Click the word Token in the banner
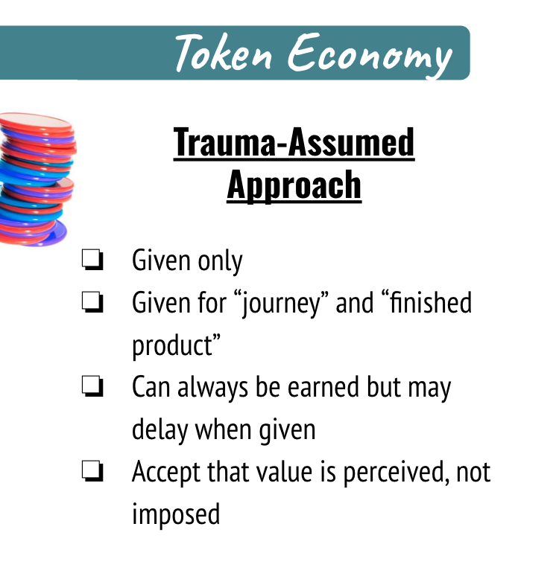pyautogui.click(x=224, y=52)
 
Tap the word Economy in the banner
pyautogui.click(x=370, y=55)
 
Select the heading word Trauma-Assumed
pyautogui.click(x=294, y=142)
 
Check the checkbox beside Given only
pyautogui.click(x=92, y=260)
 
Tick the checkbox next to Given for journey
pyautogui.click(x=92, y=302)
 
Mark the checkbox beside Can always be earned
pyautogui.click(x=92, y=386)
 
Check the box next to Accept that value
pyautogui.click(x=92, y=471)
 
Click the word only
pyautogui.click(x=220, y=261)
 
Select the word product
pyautogui.click(x=177, y=345)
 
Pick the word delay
pyautogui.click(x=160, y=431)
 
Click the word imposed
pyautogui.click(x=176, y=515)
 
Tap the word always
pyautogui.click(x=212, y=388)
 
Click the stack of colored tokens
pyautogui.click(x=37, y=179)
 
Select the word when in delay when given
pyautogui.click(x=224, y=430)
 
